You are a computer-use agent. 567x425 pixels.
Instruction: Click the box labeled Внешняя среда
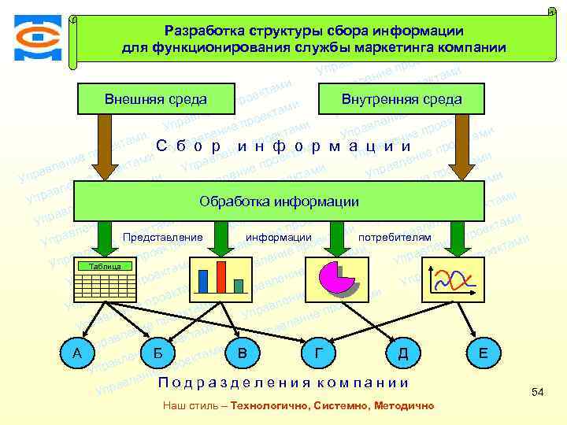(x=155, y=99)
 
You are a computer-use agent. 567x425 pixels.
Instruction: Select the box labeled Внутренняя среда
(x=402, y=100)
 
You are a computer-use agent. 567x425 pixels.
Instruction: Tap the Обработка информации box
(x=279, y=201)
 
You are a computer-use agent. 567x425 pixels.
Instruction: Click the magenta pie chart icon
(x=339, y=276)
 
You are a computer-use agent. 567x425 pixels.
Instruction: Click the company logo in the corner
(x=36, y=36)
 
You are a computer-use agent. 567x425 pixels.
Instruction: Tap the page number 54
(x=538, y=392)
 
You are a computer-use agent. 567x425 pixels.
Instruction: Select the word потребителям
(x=395, y=237)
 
